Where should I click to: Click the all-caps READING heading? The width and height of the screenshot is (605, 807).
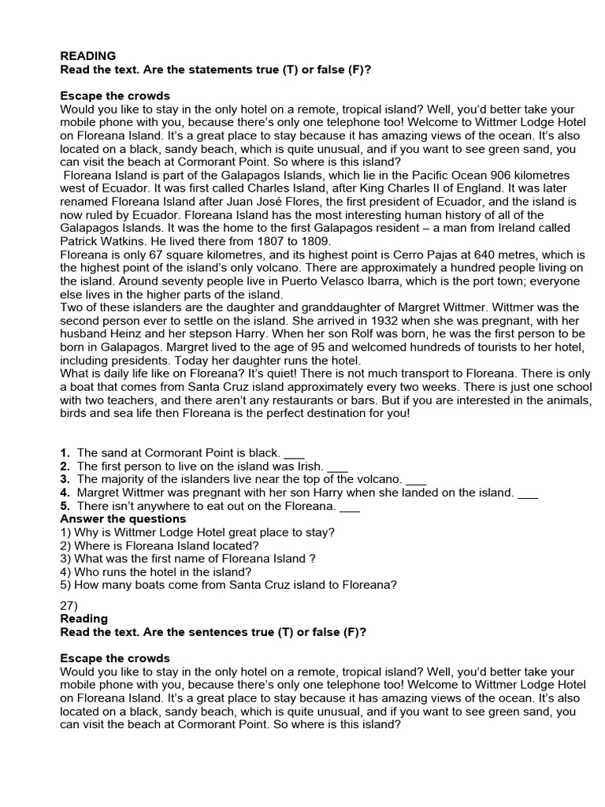(x=88, y=56)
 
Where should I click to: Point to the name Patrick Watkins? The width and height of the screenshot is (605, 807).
(x=99, y=240)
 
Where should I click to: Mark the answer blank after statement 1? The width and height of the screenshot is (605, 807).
(x=293, y=453)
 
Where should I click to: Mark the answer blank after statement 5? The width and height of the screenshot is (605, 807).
(x=349, y=506)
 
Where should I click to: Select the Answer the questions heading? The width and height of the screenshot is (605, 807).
(x=123, y=519)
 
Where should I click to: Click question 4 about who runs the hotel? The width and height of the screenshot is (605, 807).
(x=156, y=571)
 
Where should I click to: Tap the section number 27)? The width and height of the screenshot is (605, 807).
(x=69, y=605)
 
